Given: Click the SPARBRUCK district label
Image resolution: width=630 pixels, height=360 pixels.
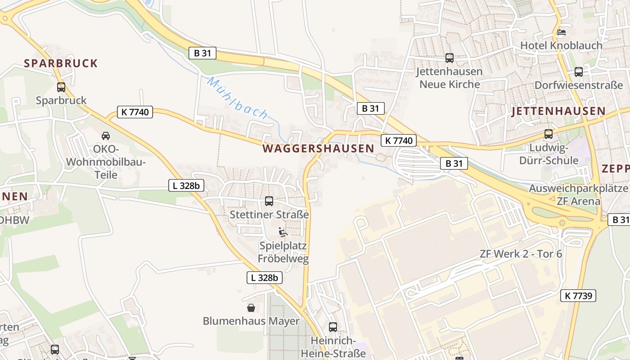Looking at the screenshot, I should click(61, 63).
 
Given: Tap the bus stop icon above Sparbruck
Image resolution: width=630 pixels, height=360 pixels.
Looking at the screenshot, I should click(61, 87).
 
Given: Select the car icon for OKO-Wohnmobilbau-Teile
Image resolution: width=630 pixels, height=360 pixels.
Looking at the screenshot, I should click(106, 135).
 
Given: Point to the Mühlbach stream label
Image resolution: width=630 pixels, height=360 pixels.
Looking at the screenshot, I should click(237, 98).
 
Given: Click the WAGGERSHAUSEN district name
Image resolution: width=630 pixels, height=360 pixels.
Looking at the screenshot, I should click(318, 148).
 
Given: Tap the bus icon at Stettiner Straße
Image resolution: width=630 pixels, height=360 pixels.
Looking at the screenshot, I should click(269, 201).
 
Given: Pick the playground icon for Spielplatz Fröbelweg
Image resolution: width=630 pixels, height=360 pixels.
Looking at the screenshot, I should click(283, 232).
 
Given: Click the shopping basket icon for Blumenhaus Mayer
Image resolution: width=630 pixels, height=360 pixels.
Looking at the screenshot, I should click(251, 308).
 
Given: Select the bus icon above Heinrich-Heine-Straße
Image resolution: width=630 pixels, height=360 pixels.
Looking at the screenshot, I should click(333, 327).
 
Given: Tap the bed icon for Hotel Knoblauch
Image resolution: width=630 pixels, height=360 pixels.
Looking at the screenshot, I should click(561, 32).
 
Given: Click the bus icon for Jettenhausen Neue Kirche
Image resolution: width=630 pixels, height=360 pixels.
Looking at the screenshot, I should click(449, 58).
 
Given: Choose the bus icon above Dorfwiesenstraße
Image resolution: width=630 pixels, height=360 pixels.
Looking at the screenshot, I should click(578, 72).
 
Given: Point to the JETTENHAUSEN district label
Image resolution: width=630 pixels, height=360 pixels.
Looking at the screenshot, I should click(558, 111).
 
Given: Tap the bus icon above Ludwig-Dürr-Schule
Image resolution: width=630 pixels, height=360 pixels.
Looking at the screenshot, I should click(548, 134).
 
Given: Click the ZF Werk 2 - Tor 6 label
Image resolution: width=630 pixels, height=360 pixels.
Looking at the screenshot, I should click(521, 254).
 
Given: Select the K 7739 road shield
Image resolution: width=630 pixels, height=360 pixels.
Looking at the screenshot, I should click(578, 296).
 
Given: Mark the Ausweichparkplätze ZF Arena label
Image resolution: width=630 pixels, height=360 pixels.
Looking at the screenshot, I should click(578, 194).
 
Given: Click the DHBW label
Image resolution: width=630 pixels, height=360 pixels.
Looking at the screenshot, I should click(14, 220).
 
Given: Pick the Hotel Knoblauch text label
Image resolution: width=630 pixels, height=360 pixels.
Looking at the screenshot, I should click(561, 45).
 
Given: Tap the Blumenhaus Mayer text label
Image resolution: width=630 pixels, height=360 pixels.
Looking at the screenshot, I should click(251, 321).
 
